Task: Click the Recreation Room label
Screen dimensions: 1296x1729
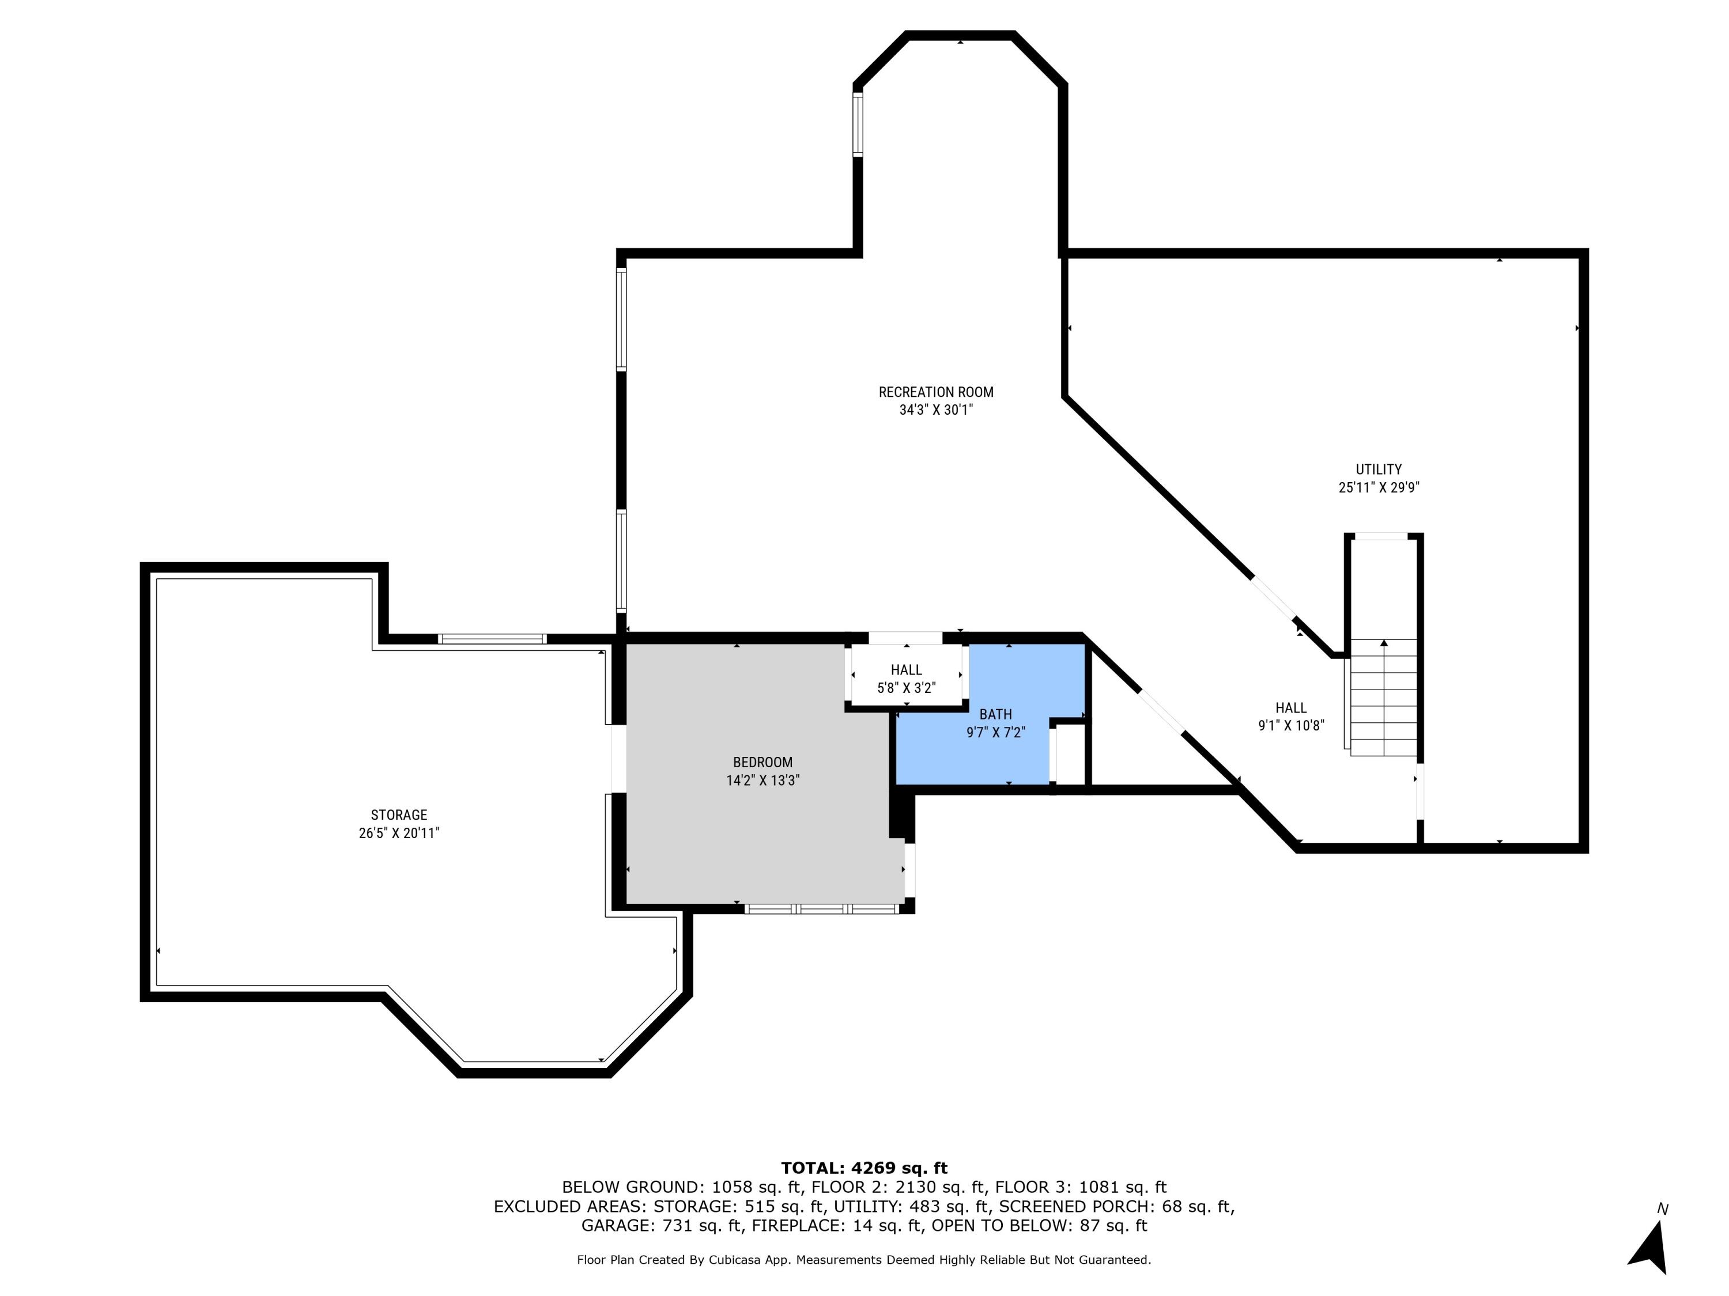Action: click(935, 392)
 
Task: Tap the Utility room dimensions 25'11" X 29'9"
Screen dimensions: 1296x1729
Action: click(1378, 487)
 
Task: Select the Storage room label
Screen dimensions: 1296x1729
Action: click(399, 815)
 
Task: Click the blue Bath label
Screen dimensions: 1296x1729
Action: click(995, 714)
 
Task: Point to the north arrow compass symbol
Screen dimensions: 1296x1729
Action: click(1650, 1245)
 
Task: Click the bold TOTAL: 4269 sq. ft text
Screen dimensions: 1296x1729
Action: click(864, 1168)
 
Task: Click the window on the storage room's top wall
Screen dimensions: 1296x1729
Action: click(492, 639)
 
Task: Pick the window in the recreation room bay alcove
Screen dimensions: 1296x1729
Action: click(858, 124)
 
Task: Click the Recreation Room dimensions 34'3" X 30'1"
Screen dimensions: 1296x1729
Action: click(935, 410)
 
